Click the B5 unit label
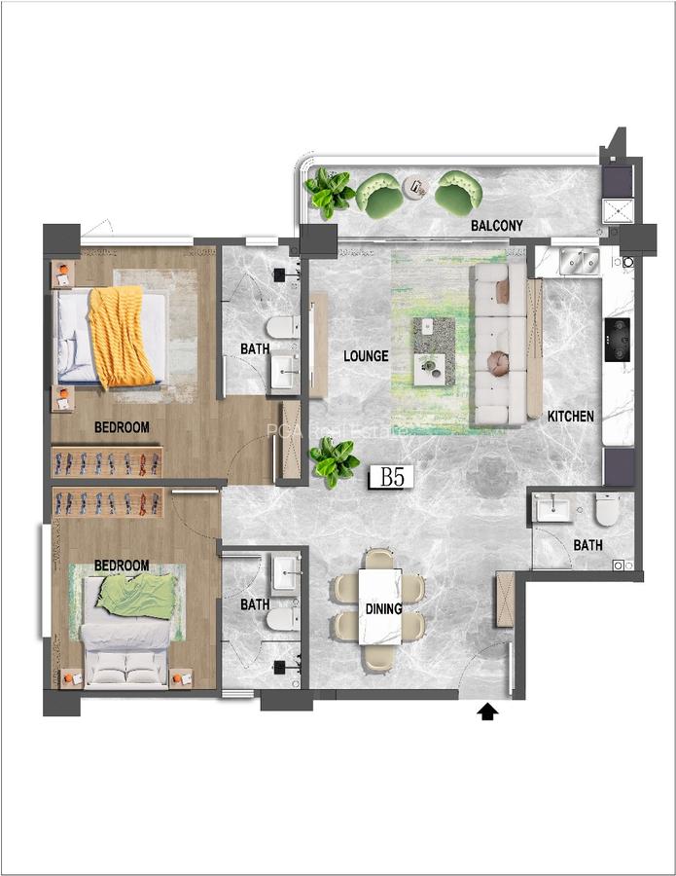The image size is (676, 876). click(x=392, y=477)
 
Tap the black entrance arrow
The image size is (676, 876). click(x=487, y=712)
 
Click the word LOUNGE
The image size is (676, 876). click(x=366, y=356)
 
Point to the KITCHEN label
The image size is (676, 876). click(x=570, y=416)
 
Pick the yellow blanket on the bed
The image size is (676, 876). click(x=121, y=337)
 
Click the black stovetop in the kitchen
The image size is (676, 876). click(x=617, y=340)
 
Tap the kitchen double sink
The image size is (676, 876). click(x=578, y=260)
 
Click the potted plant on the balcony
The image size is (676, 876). click(x=329, y=192)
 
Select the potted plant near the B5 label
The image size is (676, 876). click(x=334, y=461)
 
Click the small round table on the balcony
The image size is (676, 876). click(x=418, y=187)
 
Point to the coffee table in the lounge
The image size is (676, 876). click(x=433, y=336)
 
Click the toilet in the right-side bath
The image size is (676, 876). click(x=607, y=509)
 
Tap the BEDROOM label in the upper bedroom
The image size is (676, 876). click(x=122, y=426)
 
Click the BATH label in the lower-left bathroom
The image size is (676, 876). click(x=255, y=604)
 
